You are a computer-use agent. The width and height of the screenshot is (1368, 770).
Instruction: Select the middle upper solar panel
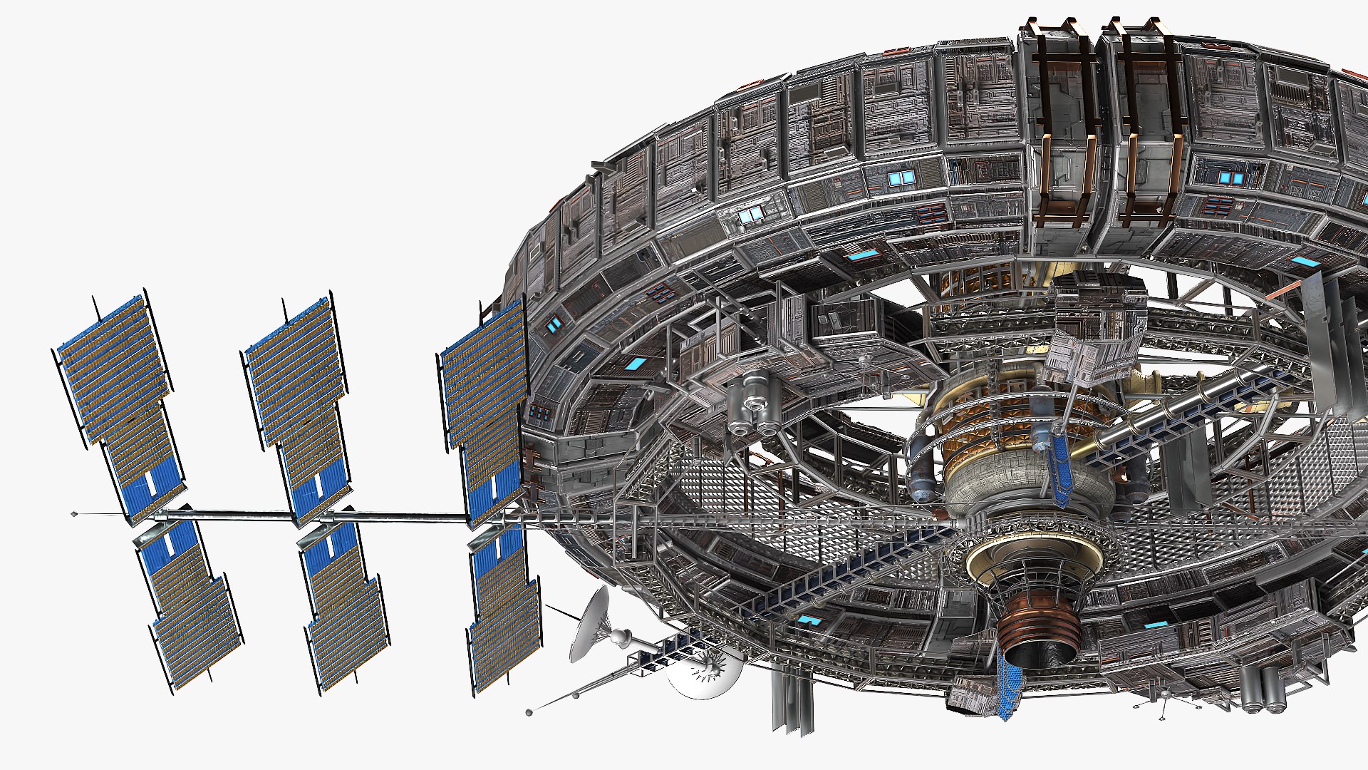pos(299,403)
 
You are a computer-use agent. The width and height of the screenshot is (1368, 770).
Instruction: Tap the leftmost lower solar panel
pos(189,606)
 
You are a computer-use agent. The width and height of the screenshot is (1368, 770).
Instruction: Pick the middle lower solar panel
pos(342,606)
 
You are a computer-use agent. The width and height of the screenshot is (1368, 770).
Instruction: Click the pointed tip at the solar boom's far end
pos(74,513)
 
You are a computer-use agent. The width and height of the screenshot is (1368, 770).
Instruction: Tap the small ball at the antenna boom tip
pos(529,712)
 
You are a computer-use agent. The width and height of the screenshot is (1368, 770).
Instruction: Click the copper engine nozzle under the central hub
pos(1037,627)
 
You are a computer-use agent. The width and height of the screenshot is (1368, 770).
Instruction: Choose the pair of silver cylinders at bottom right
pos(1261,688)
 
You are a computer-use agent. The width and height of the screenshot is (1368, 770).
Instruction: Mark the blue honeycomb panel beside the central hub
pos(1062,467)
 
